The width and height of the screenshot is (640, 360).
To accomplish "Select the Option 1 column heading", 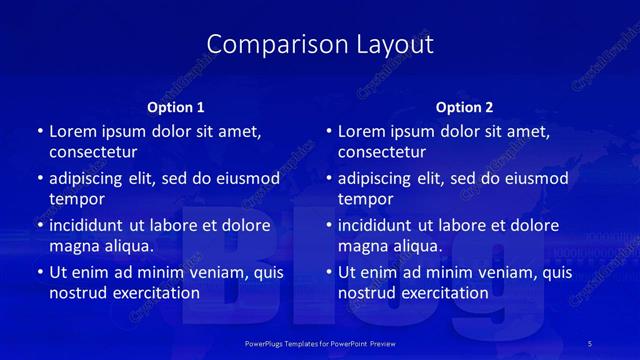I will click(x=176, y=107).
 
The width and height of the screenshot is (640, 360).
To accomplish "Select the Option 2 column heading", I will click(x=465, y=107).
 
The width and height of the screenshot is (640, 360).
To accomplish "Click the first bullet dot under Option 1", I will click(x=40, y=132).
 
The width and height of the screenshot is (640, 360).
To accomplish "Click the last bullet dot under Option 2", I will click(x=329, y=273).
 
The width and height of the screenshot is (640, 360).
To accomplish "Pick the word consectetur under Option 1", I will click(x=93, y=152).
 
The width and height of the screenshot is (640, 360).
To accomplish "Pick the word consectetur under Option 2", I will click(x=382, y=152).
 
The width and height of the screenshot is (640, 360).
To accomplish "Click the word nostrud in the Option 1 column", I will click(x=76, y=293).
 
